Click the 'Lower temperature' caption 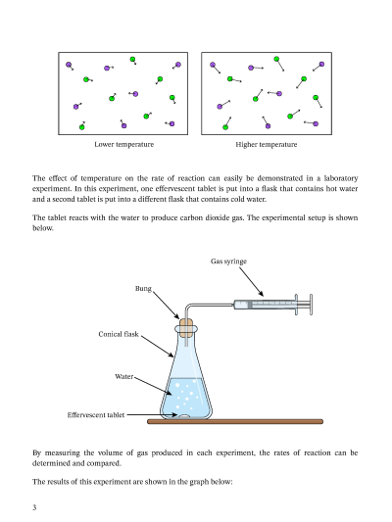click(123, 145)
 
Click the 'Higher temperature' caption click(267, 145)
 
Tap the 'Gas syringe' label click(228, 261)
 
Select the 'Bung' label click(143, 288)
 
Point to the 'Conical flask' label click(119, 334)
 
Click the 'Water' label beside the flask click(123, 376)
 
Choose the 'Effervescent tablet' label click(96, 415)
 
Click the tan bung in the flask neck click(186, 326)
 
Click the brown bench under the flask click(235, 421)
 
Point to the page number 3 click(34, 507)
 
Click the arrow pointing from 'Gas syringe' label click(252, 282)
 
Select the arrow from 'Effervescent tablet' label click(152, 415)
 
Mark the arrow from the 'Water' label click(153, 386)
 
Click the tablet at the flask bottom click(183, 416)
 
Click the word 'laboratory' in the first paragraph click(341, 178)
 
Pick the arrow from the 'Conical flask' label click(157, 347)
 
